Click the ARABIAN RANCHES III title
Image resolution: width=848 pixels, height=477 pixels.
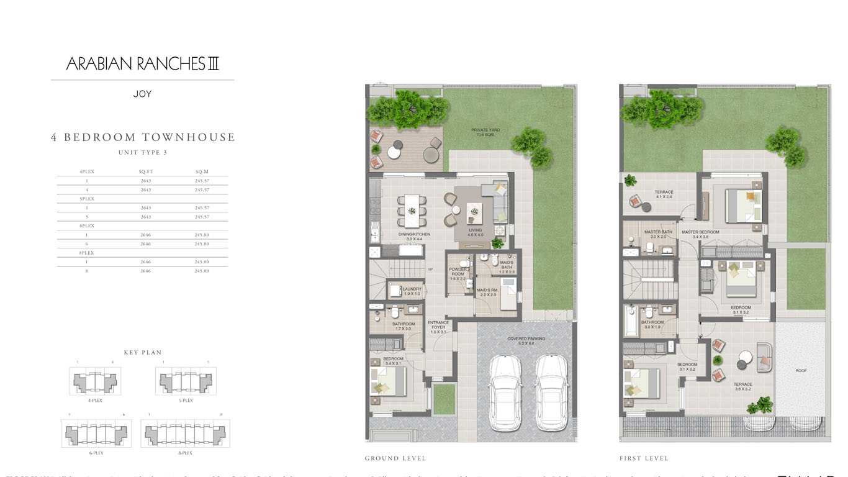[142, 63]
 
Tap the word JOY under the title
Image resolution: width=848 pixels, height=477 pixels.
[142, 94]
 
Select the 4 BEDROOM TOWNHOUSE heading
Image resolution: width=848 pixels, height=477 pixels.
[143, 137]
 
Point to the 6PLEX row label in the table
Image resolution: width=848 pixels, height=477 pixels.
[86, 225]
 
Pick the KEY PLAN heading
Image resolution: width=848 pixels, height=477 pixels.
[143, 353]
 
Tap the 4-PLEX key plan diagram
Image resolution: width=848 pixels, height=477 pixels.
[95, 381]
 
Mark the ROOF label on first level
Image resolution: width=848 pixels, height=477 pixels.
[801, 371]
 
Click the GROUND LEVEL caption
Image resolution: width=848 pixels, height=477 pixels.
[395, 458]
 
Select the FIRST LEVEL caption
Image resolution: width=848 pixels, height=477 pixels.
[644, 458]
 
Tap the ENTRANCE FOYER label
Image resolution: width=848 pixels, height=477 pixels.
[438, 325]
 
